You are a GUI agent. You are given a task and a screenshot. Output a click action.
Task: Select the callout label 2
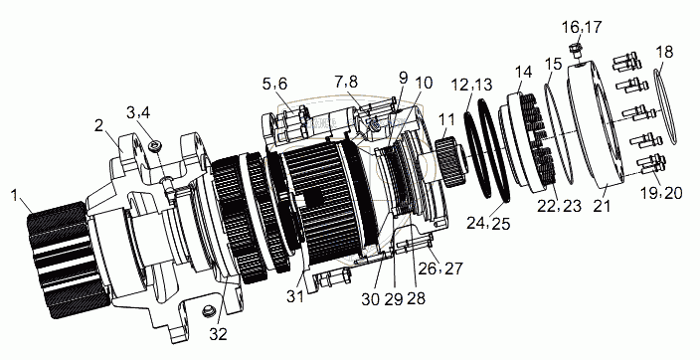click(x=99, y=126)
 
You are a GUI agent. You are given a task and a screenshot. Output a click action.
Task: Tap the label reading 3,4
click(x=138, y=112)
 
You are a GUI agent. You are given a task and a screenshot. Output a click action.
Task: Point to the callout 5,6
click(x=274, y=84)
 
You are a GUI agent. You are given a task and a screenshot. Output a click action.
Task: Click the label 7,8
click(x=347, y=83)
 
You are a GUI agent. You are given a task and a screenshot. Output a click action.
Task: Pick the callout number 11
click(x=447, y=119)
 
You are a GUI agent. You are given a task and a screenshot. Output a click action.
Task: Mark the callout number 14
click(x=524, y=72)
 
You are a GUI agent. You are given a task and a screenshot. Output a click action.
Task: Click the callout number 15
click(x=553, y=64)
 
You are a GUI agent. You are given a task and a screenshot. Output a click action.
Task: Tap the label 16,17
click(x=582, y=27)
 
